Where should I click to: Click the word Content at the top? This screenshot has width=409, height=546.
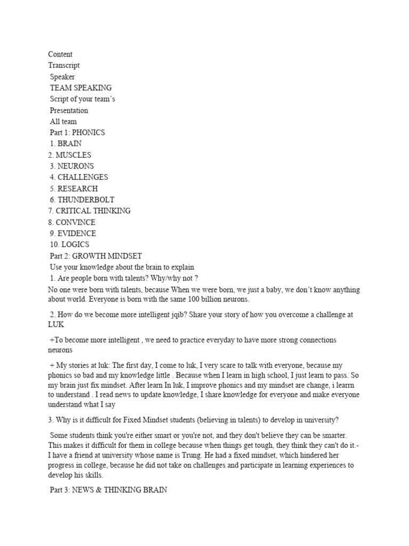pyautogui.click(x=60, y=54)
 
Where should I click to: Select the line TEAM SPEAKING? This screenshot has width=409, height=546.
pyautogui.click(x=81, y=88)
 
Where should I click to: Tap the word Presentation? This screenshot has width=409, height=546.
pyautogui.click(x=69, y=110)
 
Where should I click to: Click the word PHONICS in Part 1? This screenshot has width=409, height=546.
pyautogui.click(x=88, y=133)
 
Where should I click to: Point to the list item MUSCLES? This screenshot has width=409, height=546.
pyautogui.click(x=73, y=155)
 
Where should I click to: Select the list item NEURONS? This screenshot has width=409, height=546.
pyautogui.click(x=76, y=166)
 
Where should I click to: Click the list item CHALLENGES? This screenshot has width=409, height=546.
pyautogui.click(x=83, y=178)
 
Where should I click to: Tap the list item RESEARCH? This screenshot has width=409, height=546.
pyautogui.click(x=78, y=189)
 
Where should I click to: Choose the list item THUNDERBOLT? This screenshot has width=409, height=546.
pyautogui.click(x=86, y=200)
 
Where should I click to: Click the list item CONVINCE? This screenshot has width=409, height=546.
pyautogui.click(x=76, y=222)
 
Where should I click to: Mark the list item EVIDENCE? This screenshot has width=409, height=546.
pyautogui.click(x=77, y=234)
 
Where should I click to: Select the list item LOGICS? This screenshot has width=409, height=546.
pyautogui.click(x=75, y=245)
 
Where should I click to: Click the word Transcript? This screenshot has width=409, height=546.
pyautogui.click(x=64, y=66)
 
